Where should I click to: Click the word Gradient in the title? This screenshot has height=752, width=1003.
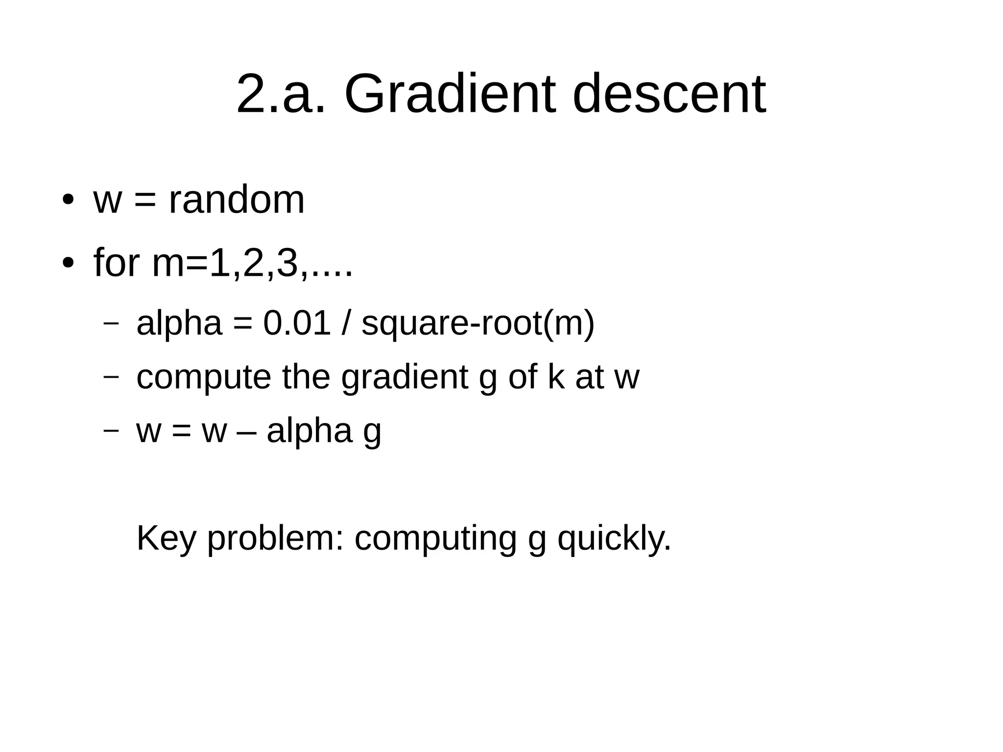(x=450, y=93)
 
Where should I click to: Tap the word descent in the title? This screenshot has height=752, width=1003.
(x=669, y=93)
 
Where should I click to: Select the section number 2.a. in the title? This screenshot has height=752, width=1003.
(x=281, y=93)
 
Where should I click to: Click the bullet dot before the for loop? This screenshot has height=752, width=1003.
(x=68, y=263)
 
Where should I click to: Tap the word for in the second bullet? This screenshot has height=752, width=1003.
(x=117, y=263)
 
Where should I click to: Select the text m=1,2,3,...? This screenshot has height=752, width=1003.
(x=252, y=264)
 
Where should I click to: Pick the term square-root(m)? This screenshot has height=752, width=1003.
(x=478, y=324)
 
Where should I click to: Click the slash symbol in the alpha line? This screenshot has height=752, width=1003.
(x=346, y=323)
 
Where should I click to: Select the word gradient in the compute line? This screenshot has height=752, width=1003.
(x=405, y=378)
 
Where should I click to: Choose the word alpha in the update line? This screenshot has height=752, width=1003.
(x=310, y=431)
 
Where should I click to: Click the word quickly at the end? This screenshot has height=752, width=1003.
(x=614, y=539)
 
